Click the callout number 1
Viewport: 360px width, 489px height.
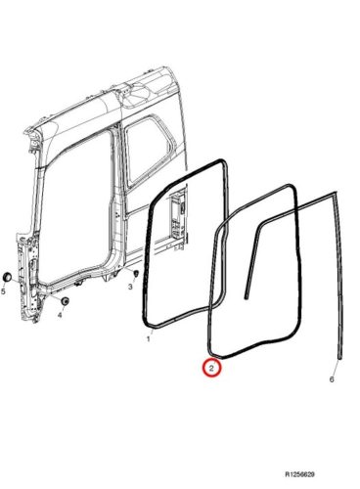coord(149,339)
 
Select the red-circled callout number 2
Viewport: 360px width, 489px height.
coord(211,369)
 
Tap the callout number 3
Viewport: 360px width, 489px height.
coord(130,287)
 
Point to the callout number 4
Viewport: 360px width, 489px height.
coord(60,315)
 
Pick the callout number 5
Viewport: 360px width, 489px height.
coord(3,291)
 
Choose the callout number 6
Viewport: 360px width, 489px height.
coord(332,379)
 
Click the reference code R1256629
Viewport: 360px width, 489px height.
coord(299,474)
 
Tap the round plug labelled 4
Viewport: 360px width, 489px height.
coord(66,300)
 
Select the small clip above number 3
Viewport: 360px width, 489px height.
coord(136,273)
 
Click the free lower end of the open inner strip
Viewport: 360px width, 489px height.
coord(246,297)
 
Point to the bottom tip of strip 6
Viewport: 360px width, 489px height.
coord(340,358)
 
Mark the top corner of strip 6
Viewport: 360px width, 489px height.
coord(335,193)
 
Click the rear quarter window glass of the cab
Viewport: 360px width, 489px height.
coord(149,152)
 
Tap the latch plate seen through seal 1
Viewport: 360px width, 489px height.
coord(175,213)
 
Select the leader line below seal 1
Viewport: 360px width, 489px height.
coord(151,332)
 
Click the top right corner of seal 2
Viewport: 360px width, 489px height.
coord(293,188)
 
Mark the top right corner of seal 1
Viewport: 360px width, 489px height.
coord(224,162)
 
